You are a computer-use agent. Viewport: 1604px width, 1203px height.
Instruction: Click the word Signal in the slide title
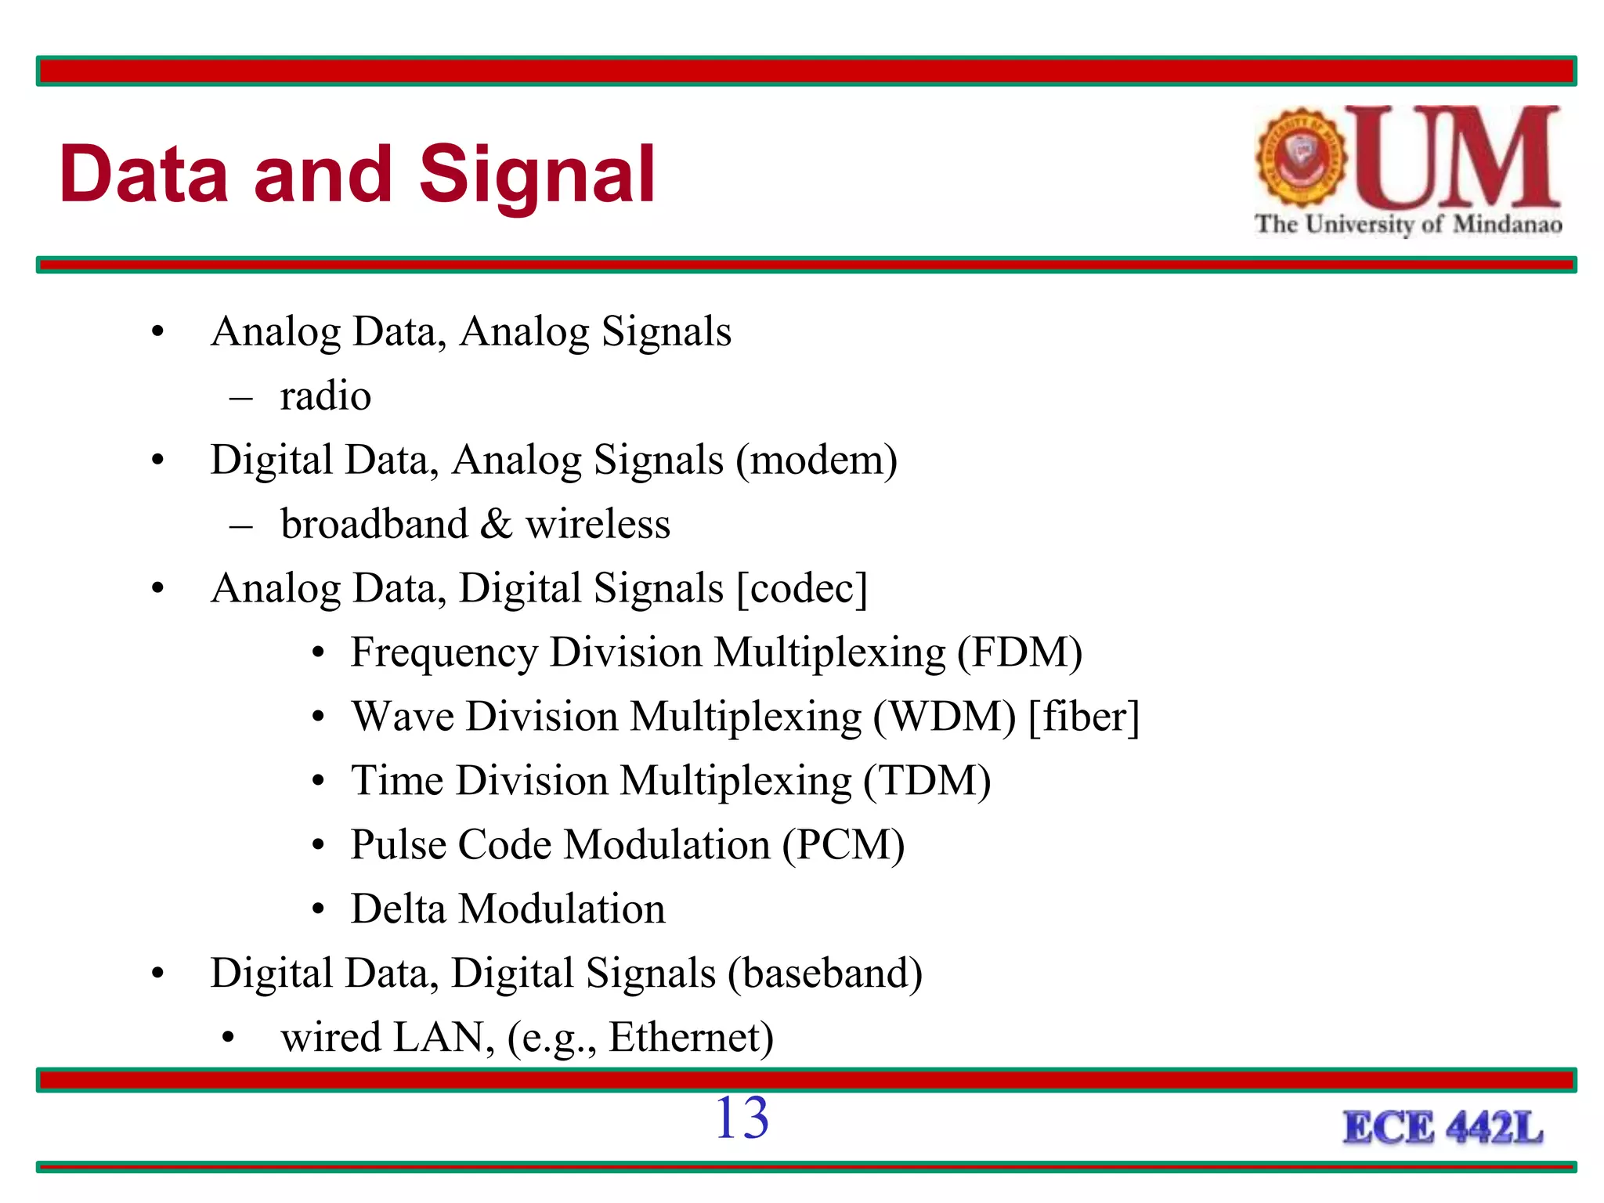pos(537,175)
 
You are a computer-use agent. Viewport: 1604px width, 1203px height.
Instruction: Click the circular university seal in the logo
pos(1301,157)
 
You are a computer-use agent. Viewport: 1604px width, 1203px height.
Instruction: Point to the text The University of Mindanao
pos(1408,224)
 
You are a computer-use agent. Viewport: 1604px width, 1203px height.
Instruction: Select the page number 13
pos(741,1118)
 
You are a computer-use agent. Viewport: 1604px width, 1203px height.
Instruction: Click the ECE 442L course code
pos(1443,1129)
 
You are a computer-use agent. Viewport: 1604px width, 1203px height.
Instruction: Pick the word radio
pos(325,396)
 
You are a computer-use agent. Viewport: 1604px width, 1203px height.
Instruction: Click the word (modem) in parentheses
pos(816,460)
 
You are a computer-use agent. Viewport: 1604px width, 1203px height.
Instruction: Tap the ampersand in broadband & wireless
pos(496,524)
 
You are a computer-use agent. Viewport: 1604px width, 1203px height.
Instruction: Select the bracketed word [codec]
pos(803,588)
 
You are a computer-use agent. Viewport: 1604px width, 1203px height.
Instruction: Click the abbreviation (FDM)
pos(1020,652)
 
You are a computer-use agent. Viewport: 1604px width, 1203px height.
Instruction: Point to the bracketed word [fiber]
pos(1084,717)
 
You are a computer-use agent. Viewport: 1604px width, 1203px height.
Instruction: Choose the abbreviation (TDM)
pos(927,781)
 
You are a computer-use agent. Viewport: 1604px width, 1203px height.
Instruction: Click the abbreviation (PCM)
pos(844,845)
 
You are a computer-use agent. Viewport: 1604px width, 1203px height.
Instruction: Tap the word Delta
pos(398,909)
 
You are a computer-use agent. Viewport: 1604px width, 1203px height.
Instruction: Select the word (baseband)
pos(825,974)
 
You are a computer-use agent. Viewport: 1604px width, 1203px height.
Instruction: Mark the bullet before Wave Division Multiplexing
pos(318,717)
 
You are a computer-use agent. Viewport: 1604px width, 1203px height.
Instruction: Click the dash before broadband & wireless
pos(241,526)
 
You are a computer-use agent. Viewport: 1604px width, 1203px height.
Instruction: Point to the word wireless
pos(598,524)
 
